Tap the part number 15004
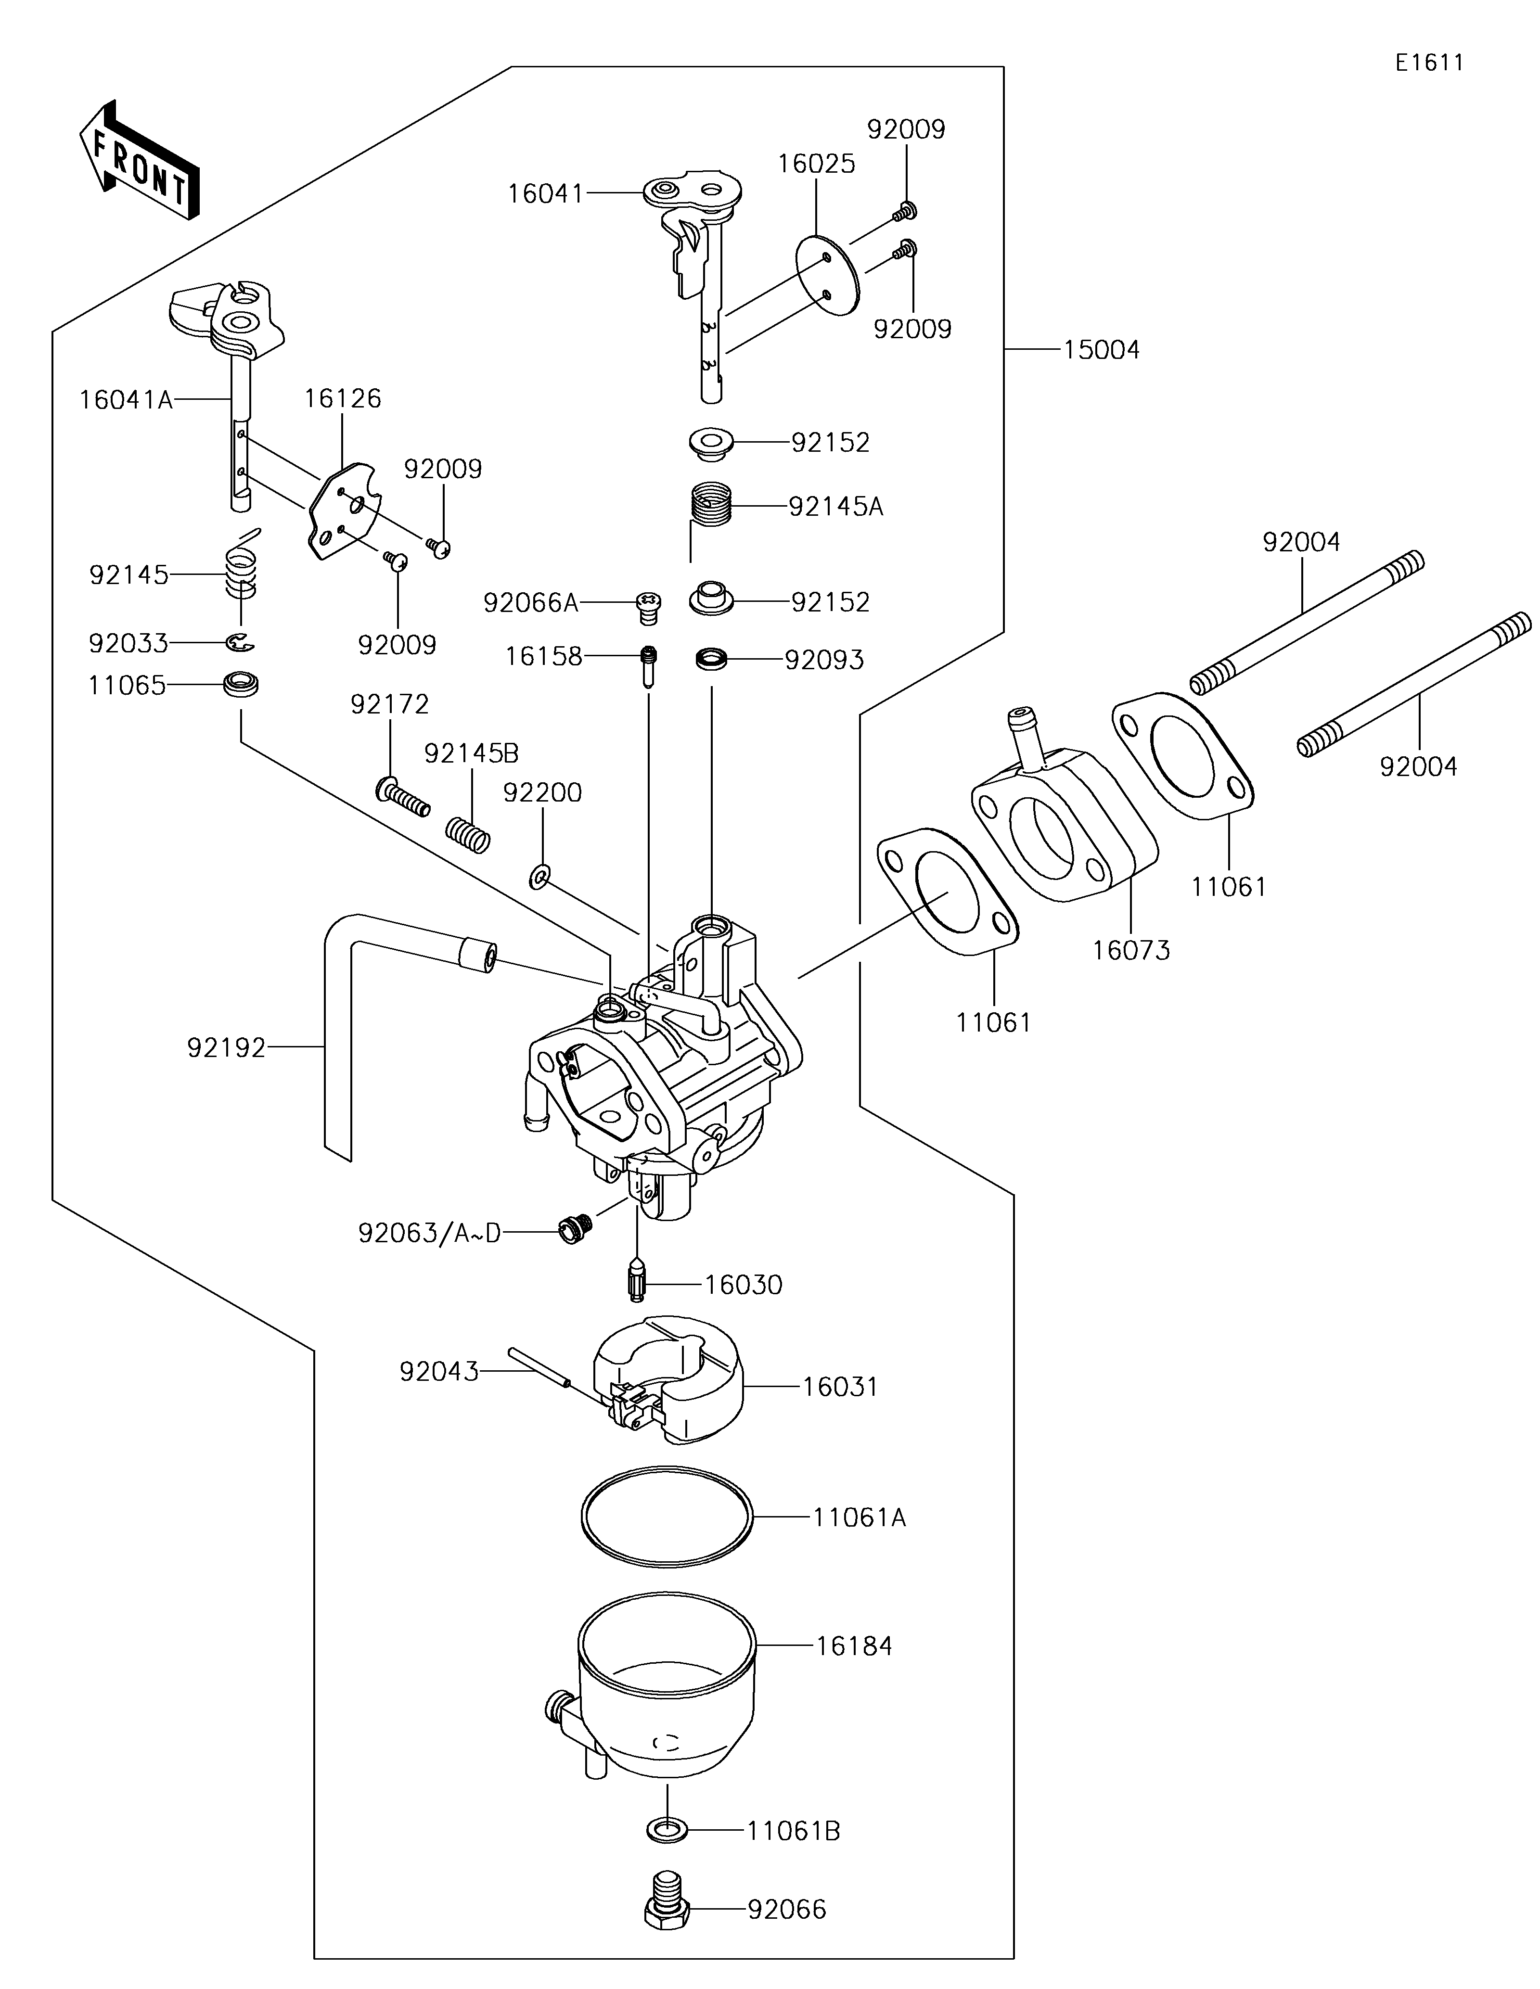click(1101, 350)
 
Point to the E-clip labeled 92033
click(241, 643)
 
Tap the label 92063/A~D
click(430, 1233)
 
